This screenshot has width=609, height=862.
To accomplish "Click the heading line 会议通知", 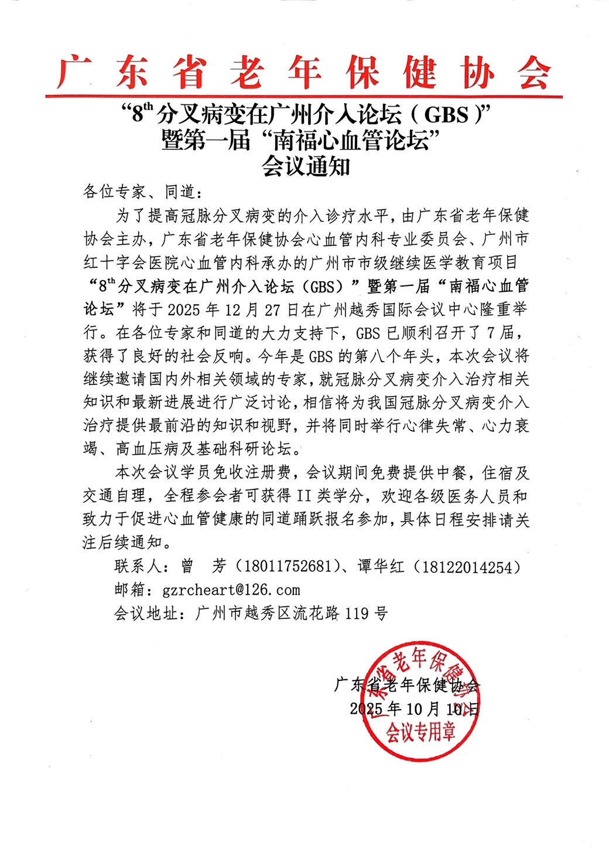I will click(305, 167).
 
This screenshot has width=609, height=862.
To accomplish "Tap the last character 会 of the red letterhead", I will click(533, 74).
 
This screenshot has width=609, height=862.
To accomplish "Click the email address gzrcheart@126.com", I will click(231, 590).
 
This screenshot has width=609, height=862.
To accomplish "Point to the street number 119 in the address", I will click(357, 614).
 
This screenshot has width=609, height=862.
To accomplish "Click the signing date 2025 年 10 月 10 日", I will click(415, 708).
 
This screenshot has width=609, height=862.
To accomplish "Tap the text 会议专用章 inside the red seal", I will click(420, 731).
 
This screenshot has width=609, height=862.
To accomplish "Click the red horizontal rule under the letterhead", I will click(304, 96).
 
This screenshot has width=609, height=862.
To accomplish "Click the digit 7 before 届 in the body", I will click(492, 332).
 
